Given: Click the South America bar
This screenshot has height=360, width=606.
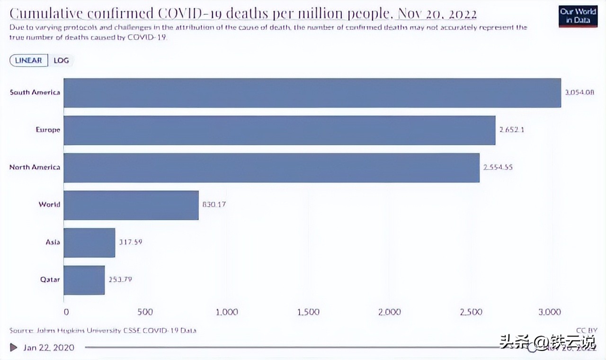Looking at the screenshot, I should click(x=312, y=93).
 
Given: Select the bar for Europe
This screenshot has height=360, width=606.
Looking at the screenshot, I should click(x=279, y=130).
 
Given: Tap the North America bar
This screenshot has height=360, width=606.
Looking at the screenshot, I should click(x=271, y=168).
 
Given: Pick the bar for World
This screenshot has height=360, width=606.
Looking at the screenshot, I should click(x=131, y=205).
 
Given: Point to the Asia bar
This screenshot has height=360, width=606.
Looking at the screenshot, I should click(x=89, y=243).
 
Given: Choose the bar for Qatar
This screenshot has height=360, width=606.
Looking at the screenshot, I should click(x=84, y=280).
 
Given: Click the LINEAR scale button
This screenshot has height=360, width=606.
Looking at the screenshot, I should click(x=28, y=61).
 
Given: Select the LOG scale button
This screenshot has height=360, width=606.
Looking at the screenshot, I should click(x=61, y=61).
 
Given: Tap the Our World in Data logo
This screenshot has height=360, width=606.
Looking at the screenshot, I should click(x=578, y=16).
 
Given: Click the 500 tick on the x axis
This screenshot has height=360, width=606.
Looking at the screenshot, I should click(x=145, y=312).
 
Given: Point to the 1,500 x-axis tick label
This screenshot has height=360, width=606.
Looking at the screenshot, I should click(x=308, y=312).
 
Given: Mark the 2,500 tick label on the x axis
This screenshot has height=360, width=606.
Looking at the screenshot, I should click(x=471, y=312).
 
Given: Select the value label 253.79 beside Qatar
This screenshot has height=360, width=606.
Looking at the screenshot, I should click(x=120, y=279).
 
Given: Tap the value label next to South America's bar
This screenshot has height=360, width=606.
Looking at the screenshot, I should click(x=579, y=92).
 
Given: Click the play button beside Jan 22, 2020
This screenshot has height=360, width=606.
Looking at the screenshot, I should click(x=14, y=347).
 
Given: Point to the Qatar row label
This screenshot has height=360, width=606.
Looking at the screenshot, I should click(x=50, y=279).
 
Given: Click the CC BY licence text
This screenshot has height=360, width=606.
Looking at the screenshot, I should click(x=587, y=330).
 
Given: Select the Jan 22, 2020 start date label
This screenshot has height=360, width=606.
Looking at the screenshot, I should click(x=49, y=347).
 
